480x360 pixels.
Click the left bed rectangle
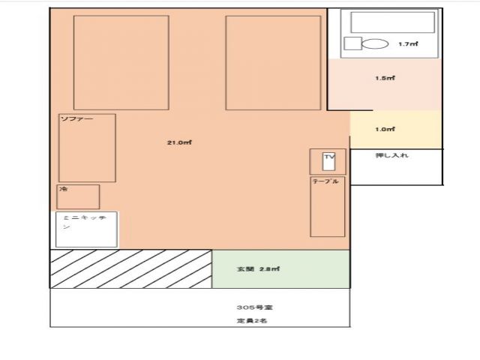coord(121,63)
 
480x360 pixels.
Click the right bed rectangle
coord(273,63)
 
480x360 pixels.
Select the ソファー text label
coord(71,119)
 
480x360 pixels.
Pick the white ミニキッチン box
coord(86,229)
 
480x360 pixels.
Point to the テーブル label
coord(325,181)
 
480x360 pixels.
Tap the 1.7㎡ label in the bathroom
coord(408,44)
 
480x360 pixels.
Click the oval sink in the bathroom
coord(375,43)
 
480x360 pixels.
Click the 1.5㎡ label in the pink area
coord(385,78)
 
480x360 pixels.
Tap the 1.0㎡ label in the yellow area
coord(385,129)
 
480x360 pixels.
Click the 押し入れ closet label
coord(391,155)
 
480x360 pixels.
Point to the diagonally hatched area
coord(130,268)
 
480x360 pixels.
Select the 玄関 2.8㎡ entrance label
coord(259,268)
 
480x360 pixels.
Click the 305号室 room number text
coord(248,307)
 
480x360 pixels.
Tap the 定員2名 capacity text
coord(247,321)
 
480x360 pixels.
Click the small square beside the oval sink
coord(352,43)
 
